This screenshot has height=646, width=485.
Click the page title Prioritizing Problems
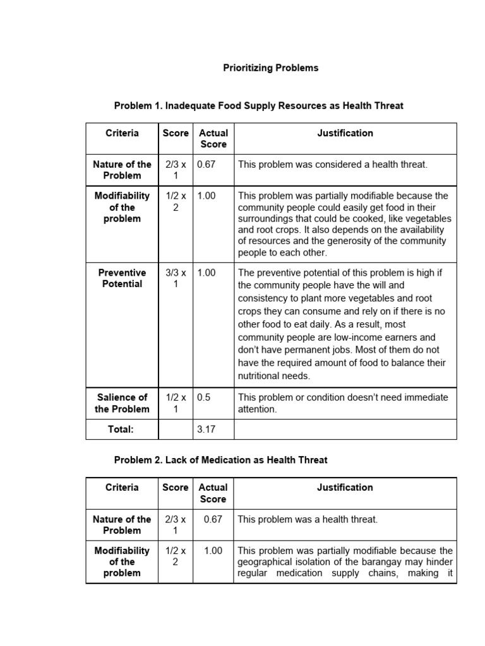[271, 68]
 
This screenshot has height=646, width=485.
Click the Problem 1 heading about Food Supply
[258, 105]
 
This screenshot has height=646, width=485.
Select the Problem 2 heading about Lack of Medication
[220, 460]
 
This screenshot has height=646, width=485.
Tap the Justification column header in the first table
[345, 133]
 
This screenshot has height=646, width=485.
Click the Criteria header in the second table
[122, 487]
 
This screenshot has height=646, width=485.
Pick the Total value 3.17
[207, 430]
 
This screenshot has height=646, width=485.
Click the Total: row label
[122, 430]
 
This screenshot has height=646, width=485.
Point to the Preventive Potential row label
[122, 278]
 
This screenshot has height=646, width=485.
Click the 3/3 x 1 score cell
[176, 278]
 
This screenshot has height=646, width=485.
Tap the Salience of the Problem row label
[122, 403]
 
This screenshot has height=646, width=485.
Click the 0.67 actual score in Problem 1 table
[207, 165]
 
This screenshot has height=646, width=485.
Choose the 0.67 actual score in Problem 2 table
[213, 519]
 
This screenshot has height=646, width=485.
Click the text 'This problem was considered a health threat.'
[332, 165]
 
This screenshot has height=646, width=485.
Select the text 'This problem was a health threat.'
[308, 519]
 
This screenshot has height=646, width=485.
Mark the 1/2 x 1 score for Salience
[176, 403]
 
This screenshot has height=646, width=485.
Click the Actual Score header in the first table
[213, 139]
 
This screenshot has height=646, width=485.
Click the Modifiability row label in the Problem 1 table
[122, 207]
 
